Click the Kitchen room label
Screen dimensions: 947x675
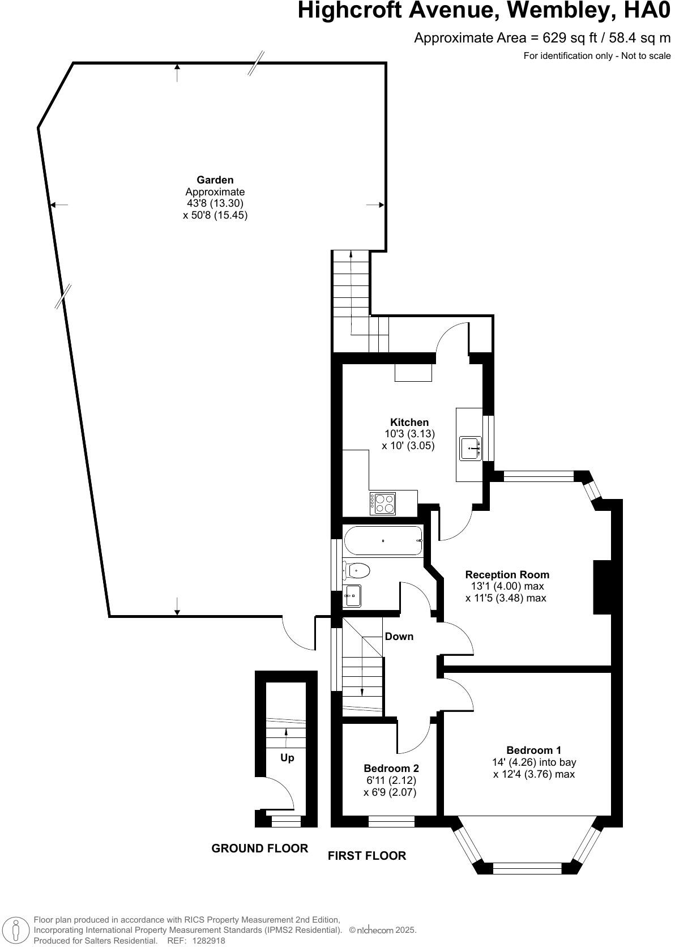pyautogui.click(x=409, y=422)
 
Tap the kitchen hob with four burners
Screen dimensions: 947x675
pyautogui.click(x=383, y=503)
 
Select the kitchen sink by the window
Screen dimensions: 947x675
pyautogui.click(x=470, y=447)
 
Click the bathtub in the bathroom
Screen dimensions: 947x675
pyautogui.click(x=383, y=541)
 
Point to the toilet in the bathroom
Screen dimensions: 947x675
pyautogui.click(x=357, y=570)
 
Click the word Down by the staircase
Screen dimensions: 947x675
pyautogui.click(x=399, y=637)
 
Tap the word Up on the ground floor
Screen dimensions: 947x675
pyautogui.click(x=287, y=758)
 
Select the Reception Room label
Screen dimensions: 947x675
pyautogui.click(x=507, y=575)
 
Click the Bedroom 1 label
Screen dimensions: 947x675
pyautogui.click(x=533, y=750)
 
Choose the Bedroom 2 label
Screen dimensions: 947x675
pyautogui.click(x=391, y=769)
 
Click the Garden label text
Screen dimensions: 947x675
pyautogui.click(x=215, y=180)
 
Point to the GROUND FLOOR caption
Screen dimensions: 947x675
pyautogui.click(x=259, y=848)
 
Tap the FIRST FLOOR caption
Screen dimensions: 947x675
pyautogui.click(x=366, y=856)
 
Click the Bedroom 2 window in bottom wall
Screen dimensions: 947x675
pyautogui.click(x=391, y=821)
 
